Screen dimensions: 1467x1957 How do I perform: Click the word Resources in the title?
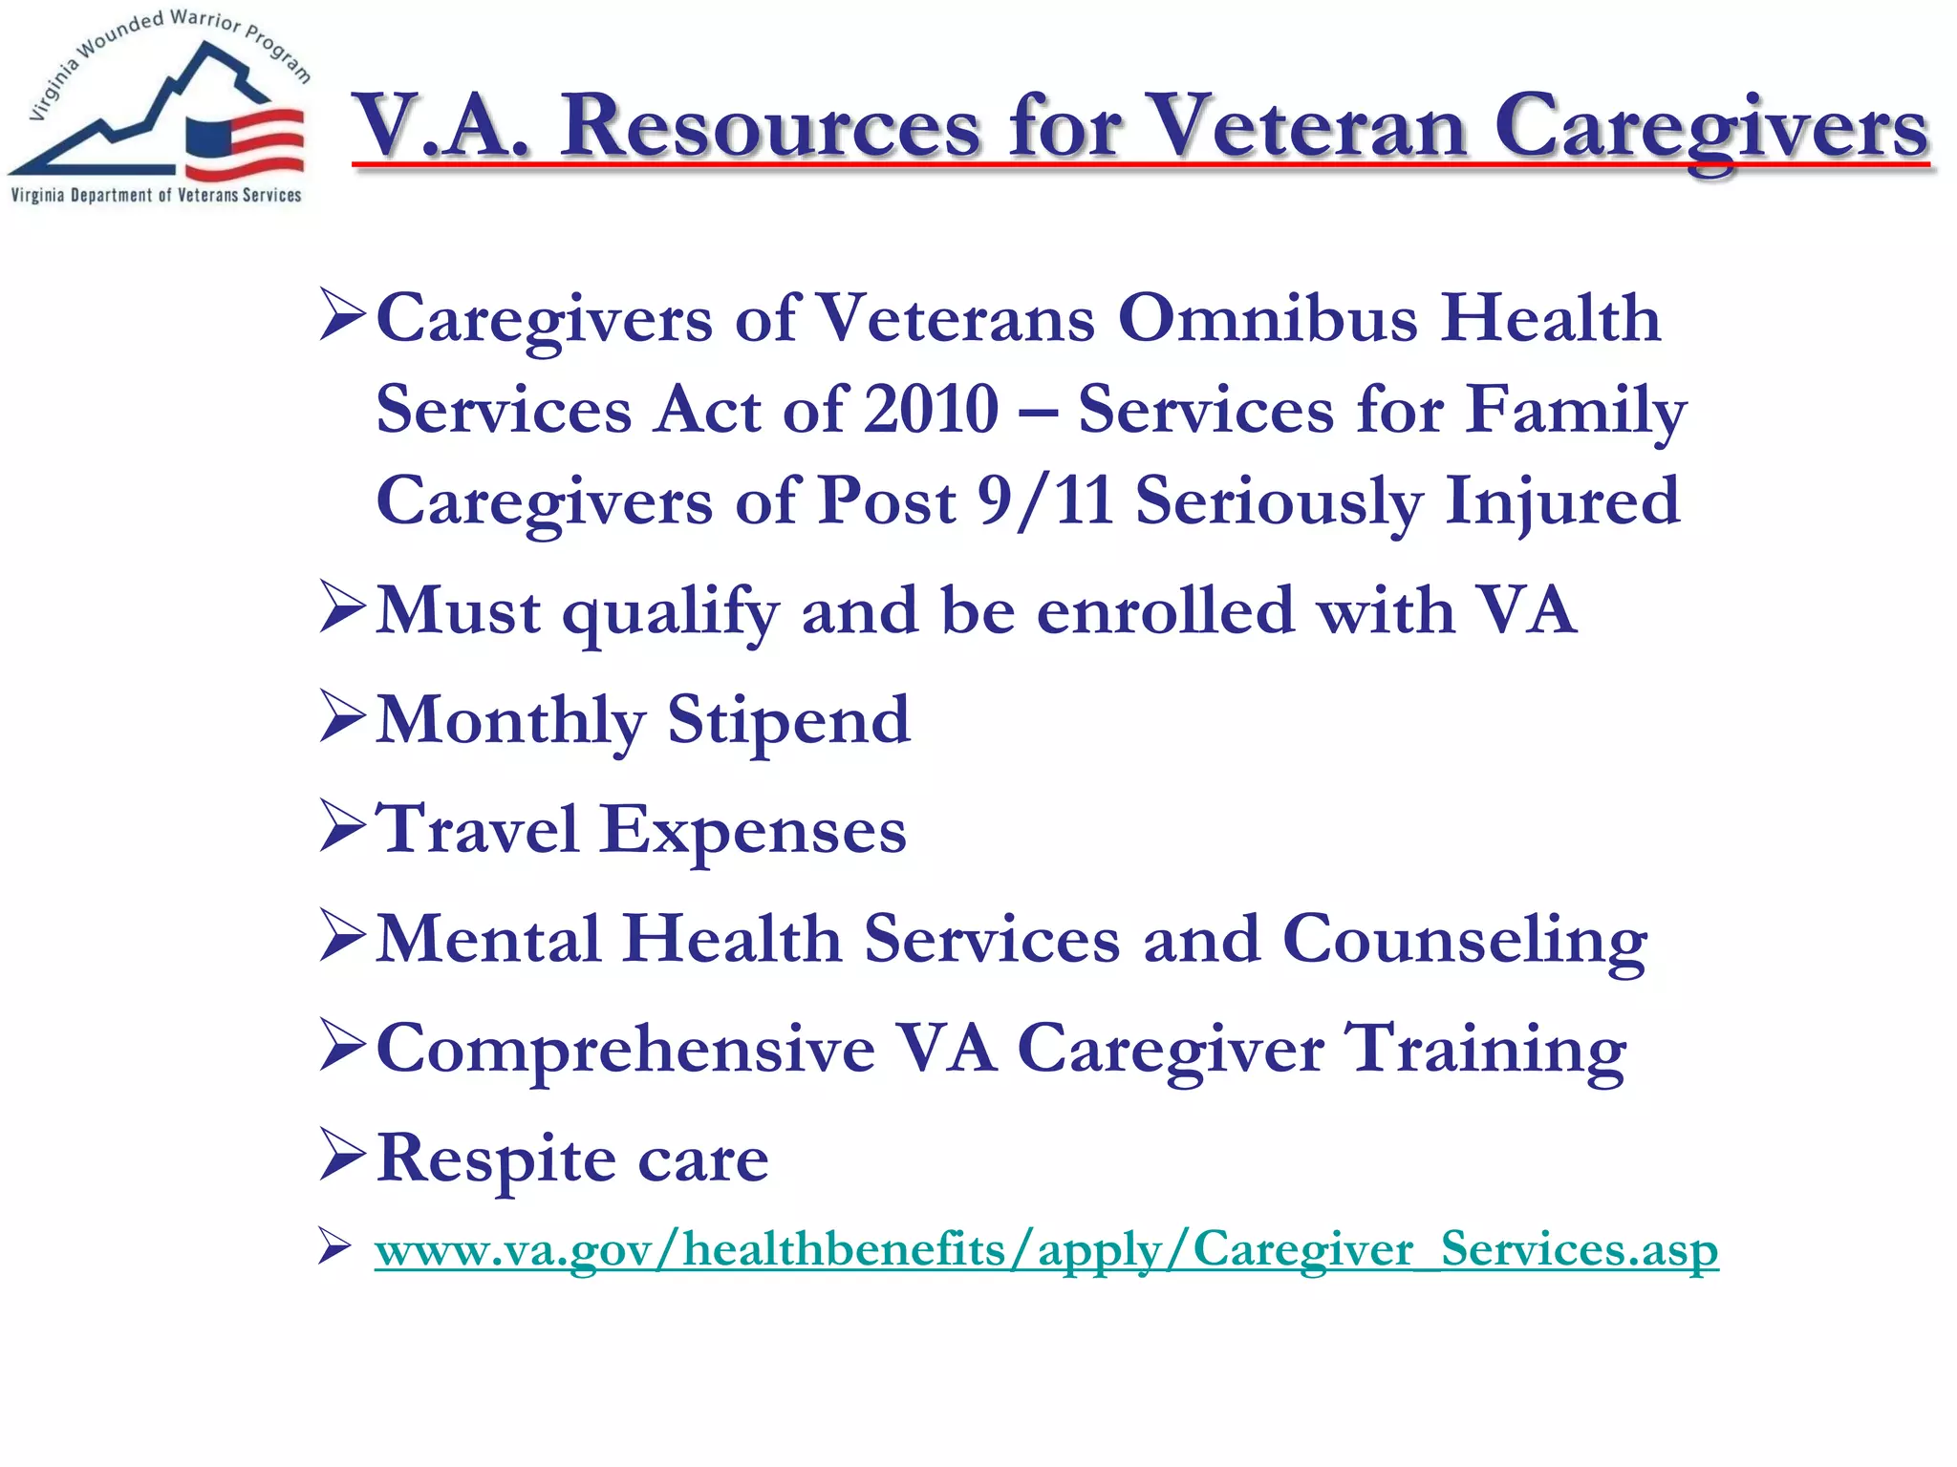point(770,127)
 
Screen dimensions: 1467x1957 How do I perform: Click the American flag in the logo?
point(245,143)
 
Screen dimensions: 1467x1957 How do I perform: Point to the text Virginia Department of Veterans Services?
point(156,196)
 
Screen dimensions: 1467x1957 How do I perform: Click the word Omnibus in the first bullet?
point(1267,318)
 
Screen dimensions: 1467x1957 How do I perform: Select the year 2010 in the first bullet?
point(931,410)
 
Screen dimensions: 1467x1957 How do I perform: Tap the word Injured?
point(1561,501)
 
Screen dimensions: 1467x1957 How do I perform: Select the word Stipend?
point(788,721)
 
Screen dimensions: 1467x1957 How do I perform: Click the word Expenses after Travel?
point(753,830)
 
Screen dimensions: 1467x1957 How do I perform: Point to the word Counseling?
point(1464,940)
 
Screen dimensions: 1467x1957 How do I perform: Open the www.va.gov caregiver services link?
point(1045,1249)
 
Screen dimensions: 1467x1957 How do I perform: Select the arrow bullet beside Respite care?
point(342,1155)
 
